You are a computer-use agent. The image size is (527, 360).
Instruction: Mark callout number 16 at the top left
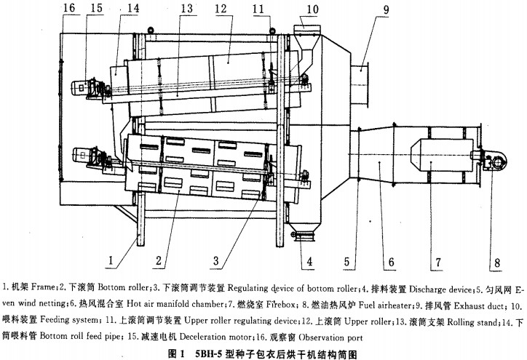69,9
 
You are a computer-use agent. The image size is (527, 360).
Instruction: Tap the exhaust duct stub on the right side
362,77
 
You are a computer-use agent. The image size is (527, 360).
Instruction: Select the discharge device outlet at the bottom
302,235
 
